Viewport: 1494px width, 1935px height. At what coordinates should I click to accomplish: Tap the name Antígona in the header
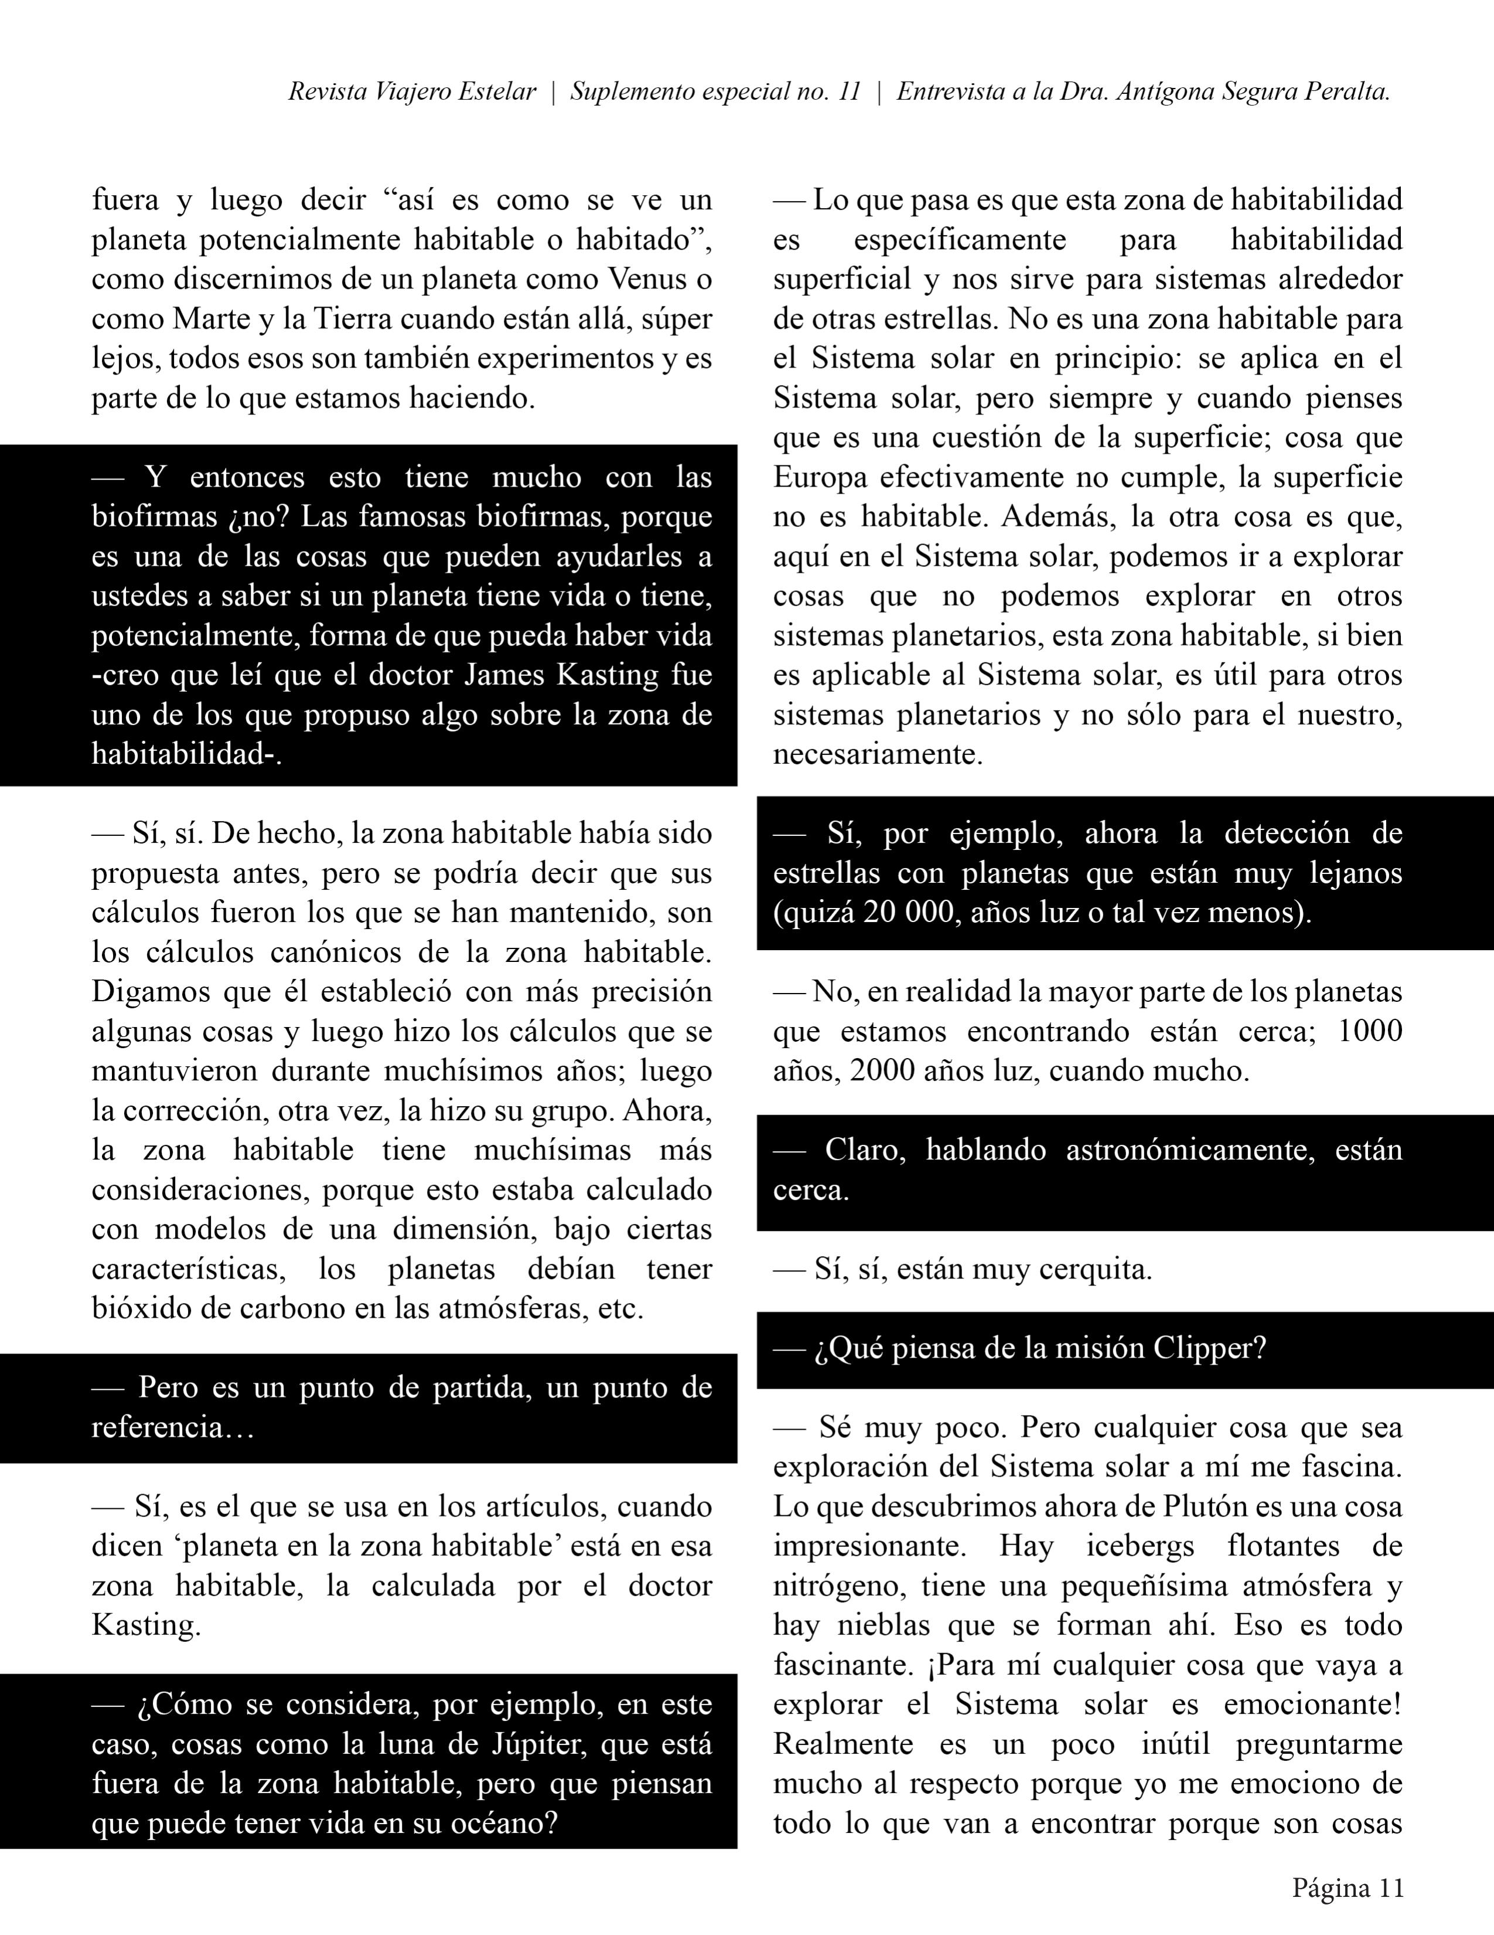[1165, 92]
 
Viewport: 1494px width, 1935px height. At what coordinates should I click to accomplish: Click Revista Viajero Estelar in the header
[412, 92]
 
